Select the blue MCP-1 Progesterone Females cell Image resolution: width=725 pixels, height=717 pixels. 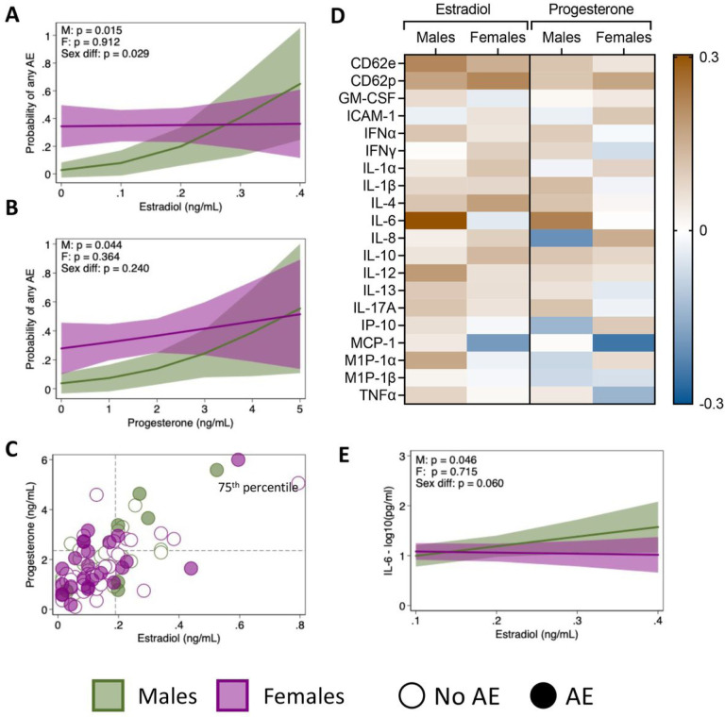626,342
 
